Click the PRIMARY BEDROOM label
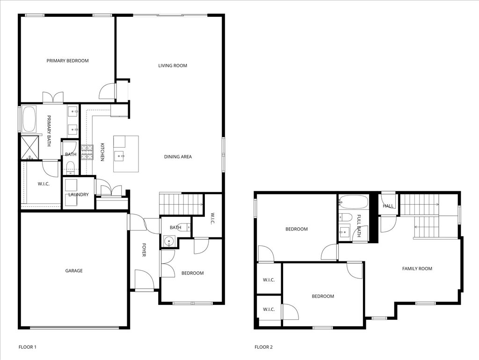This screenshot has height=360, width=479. tap(67, 61)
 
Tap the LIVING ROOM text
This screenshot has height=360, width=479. tap(173, 66)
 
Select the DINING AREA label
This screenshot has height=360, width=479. tap(178, 157)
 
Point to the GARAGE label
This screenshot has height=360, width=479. tap(74, 271)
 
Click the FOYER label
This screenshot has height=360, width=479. tap(144, 249)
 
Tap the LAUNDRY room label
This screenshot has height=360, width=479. tap(79, 194)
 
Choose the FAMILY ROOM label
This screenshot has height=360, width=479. tap(417, 269)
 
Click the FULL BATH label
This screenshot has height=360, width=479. tap(359, 226)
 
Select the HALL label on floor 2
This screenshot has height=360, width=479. tap(388, 206)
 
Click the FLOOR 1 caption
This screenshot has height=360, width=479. tap(27, 347)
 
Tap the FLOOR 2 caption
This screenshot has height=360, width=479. tap(263, 347)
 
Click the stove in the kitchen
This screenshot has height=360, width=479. tap(87, 153)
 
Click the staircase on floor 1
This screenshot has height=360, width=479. tap(181, 204)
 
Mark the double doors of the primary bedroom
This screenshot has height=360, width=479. tap(53, 98)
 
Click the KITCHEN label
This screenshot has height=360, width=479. tap(102, 152)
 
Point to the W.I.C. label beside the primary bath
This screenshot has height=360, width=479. tap(44, 184)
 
